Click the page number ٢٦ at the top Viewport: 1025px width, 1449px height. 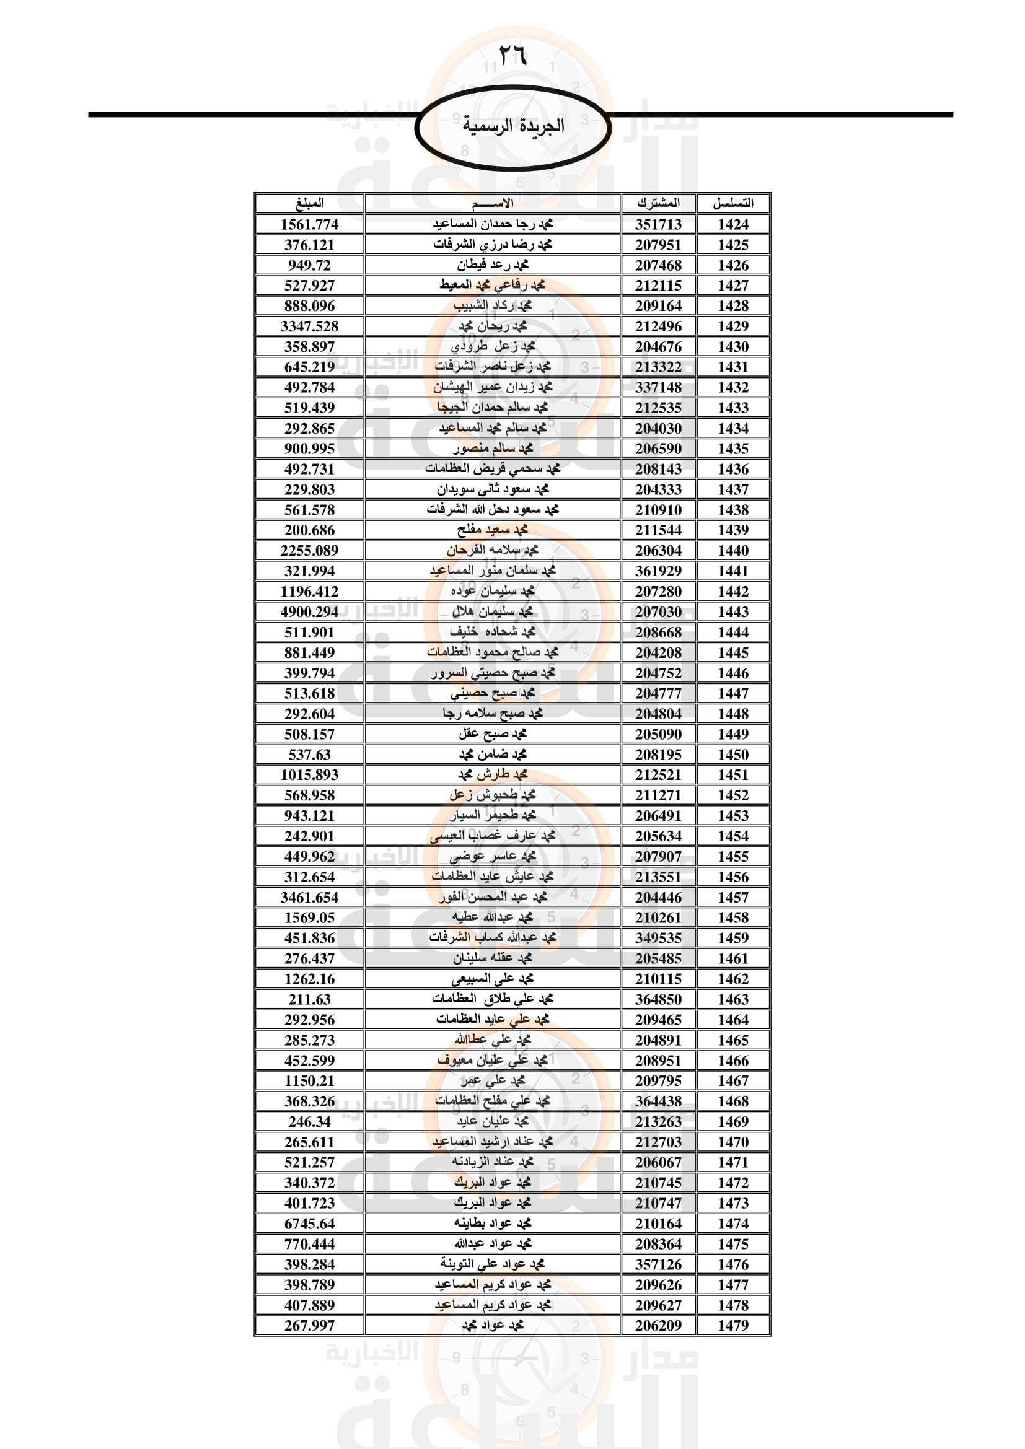[x=512, y=55]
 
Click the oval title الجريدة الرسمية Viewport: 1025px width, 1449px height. [x=513, y=126]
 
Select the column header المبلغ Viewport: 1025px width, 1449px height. [x=309, y=203]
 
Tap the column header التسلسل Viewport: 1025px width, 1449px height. [x=732, y=203]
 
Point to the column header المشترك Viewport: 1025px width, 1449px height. [x=658, y=203]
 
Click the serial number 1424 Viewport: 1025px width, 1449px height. [x=732, y=224]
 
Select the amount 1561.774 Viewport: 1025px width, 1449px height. [x=309, y=224]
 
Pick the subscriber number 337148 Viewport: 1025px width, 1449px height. [x=658, y=387]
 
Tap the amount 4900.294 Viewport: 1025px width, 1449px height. [x=309, y=611]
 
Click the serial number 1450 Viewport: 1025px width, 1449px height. [x=732, y=754]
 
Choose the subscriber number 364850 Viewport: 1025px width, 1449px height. [x=658, y=999]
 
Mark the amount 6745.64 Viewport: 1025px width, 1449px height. [x=309, y=1223]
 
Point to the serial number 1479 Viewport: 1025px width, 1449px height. [x=732, y=1325]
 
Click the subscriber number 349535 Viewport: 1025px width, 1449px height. [x=658, y=938]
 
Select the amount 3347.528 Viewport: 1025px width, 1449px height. [x=309, y=326]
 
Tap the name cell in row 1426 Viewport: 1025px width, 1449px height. [x=492, y=265]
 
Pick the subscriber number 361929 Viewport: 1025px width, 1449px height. [x=658, y=571]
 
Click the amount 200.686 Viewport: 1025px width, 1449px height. [x=309, y=530]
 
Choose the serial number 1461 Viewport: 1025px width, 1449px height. [x=732, y=958]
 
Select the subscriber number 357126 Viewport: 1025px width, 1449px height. [x=658, y=1264]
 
